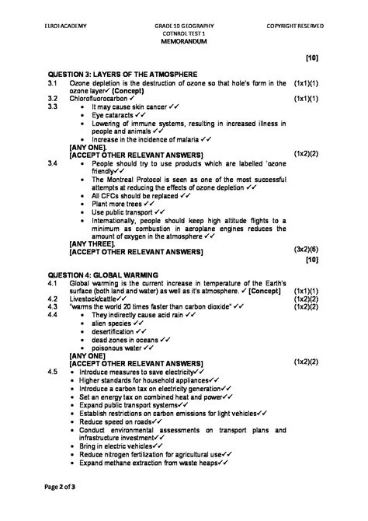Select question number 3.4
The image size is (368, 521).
[x=54, y=163]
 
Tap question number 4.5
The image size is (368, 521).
[x=54, y=372]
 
